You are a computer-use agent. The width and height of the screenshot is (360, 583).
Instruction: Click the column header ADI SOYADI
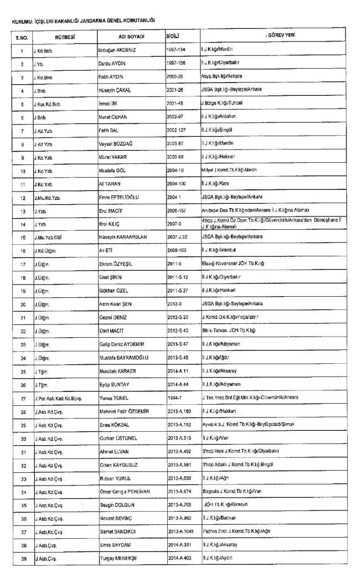pos(131,37)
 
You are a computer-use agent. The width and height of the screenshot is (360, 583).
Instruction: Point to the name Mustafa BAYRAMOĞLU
pos(120,373)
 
